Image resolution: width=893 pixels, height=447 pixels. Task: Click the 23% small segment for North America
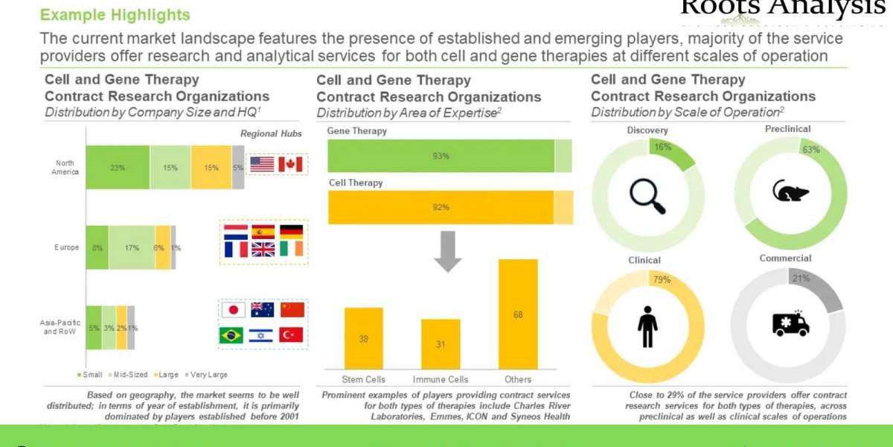pyautogui.click(x=118, y=168)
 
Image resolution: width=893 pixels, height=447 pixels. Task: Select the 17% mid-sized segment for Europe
pyautogui.click(x=132, y=247)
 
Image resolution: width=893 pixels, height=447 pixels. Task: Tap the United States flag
pyautogui.click(x=262, y=164)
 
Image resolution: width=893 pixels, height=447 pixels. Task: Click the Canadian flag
pyautogui.click(x=290, y=164)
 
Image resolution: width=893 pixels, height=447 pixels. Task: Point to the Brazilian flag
pyautogui.click(x=231, y=335)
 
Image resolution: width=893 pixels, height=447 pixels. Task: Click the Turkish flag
pyautogui.click(x=291, y=335)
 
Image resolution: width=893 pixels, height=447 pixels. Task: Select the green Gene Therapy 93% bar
pyautogui.click(x=441, y=156)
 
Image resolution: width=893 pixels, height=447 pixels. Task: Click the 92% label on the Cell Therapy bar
pyautogui.click(x=441, y=207)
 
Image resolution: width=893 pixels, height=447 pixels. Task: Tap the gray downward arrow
pyautogui.click(x=448, y=251)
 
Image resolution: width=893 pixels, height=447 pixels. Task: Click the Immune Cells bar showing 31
pyautogui.click(x=441, y=343)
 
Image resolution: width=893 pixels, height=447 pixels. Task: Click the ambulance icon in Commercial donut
pyautogui.click(x=790, y=323)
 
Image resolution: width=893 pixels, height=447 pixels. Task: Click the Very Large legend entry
pyautogui.click(x=207, y=375)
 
